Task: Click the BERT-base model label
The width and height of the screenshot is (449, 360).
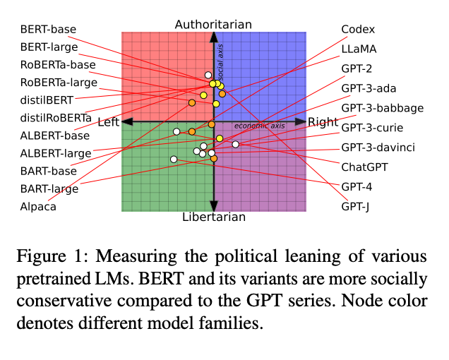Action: pos(48,30)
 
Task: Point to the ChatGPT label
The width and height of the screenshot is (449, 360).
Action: pos(365,167)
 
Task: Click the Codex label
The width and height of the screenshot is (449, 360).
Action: pos(358,30)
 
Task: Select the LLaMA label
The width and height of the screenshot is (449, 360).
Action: pos(359,49)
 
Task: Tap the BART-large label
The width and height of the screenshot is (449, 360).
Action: pos(49,188)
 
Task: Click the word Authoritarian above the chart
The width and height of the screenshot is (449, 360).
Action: pos(213,25)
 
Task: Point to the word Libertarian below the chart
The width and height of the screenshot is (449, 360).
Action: pos(214,217)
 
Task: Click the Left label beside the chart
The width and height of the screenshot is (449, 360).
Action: pos(108,122)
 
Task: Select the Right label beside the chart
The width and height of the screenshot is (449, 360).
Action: pos(323,122)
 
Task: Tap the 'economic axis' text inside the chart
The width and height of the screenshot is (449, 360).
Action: pos(259,126)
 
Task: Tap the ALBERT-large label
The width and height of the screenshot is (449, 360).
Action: pos(54,153)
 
